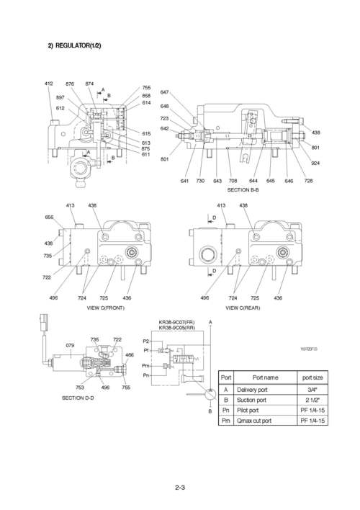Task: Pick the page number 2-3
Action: pyautogui.click(x=180, y=490)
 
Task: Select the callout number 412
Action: pyautogui.click(x=48, y=84)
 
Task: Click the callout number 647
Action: pyautogui.click(x=164, y=92)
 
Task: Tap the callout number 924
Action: pyautogui.click(x=315, y=164)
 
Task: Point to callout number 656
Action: pyautogui.click(x=50, y=217)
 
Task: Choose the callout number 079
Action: pyautogui.click(x=70, y=346)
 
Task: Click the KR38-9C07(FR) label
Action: pyautogui.click(x=176, y=322)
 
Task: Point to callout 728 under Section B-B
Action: pyautogui.click(x=308, y=181)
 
